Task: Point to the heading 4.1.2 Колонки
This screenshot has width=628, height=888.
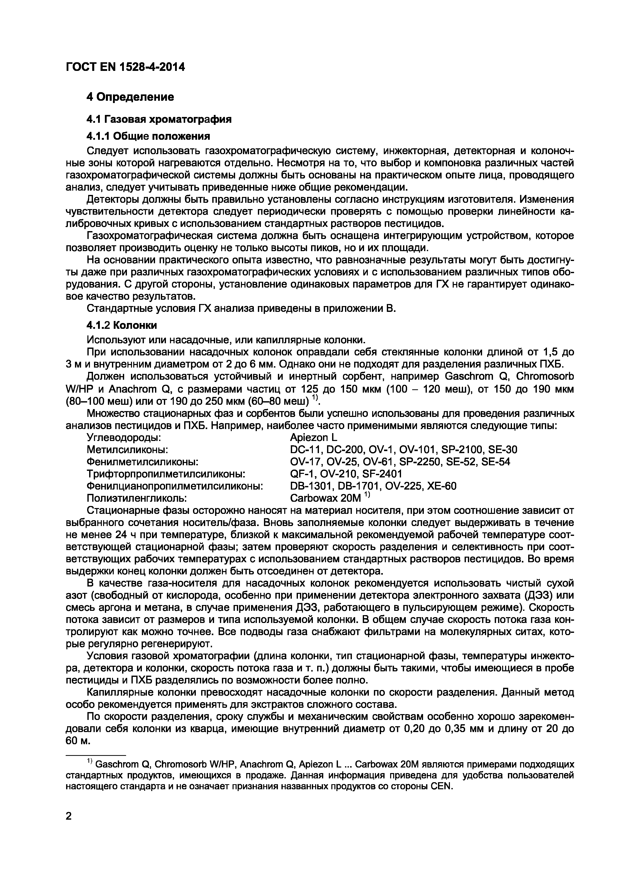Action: click(122, 325)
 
